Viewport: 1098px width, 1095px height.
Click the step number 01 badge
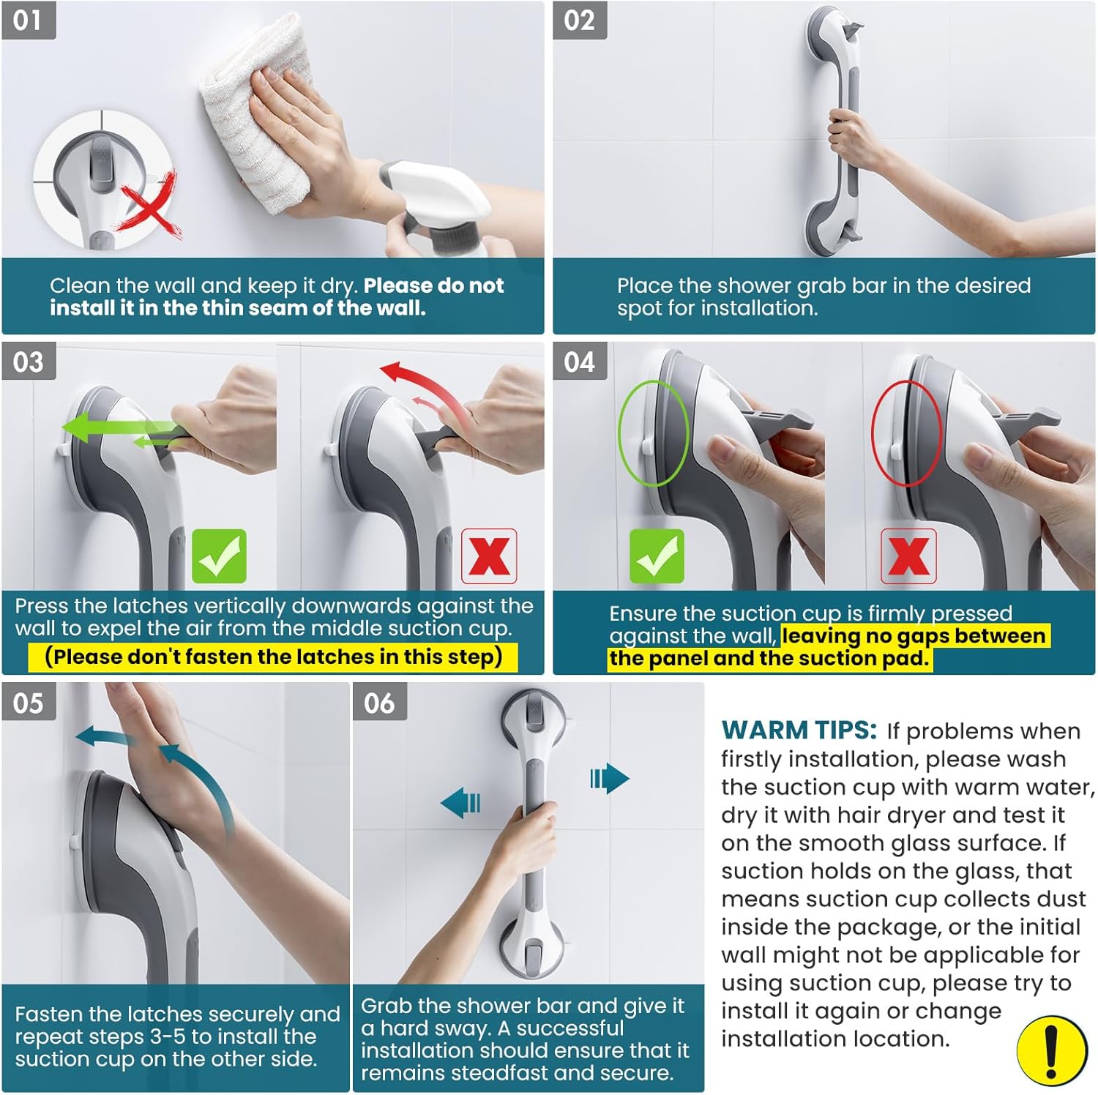[x=28, y=20]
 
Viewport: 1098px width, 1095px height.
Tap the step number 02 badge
[x=579, y=20]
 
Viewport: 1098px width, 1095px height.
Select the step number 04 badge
[x=579, y=362]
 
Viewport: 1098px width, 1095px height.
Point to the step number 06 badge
[x=379, y=703]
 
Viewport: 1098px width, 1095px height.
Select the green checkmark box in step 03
[x=219, y=556]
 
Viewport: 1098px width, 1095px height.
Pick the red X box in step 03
[x=489, y=556]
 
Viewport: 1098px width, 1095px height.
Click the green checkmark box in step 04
[x=657, y=556]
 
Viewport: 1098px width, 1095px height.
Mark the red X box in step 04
[x=908, y=556]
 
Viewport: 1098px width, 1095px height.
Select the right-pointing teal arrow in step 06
[x=609, y=778]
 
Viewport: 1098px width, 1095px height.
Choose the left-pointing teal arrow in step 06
[x=461, y=803]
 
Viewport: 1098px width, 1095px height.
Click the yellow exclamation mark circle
[x=1051, y=1050]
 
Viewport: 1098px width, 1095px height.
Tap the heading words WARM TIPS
[x=799, y=730]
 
